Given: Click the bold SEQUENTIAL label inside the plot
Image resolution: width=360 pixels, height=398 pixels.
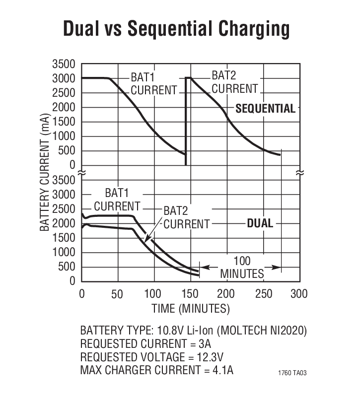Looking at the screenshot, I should pos(265,108).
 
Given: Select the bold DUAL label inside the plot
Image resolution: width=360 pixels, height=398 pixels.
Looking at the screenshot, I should pos(260,223).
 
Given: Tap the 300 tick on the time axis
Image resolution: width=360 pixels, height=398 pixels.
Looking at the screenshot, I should pos(298,294).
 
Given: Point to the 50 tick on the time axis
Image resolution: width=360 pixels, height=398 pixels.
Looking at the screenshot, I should pos(118,294).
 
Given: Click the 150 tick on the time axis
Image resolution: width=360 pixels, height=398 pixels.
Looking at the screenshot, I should pos(190,294).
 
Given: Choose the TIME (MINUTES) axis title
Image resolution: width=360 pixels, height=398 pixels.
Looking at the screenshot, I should pos(190,309).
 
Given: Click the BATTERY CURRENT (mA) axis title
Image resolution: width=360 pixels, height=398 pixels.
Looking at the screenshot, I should pos(45,173).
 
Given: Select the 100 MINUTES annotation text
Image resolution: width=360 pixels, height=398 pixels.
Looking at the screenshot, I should pos(242,267).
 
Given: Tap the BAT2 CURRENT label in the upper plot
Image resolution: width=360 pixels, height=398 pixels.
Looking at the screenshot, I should pos(235,82).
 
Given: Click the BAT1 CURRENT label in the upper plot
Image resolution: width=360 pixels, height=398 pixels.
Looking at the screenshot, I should pos(153,84).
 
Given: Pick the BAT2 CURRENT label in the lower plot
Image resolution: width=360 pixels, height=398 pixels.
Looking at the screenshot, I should pos(186,217).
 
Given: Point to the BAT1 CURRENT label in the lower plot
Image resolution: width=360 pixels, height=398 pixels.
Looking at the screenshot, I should pos(117,199).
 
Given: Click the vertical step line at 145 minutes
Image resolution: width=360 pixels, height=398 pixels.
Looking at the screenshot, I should pos(186,122).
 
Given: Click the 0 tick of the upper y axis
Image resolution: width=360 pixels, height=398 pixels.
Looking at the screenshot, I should pos(72,165).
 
